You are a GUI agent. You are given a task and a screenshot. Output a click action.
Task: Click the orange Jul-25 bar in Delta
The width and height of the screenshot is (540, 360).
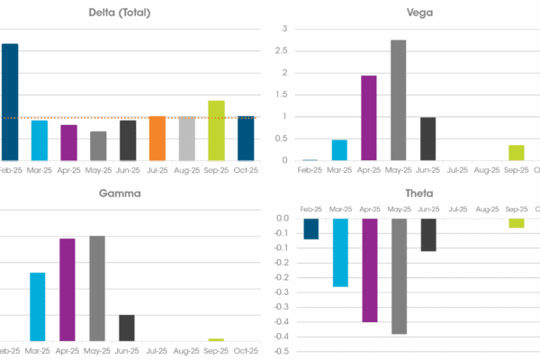[157, 138]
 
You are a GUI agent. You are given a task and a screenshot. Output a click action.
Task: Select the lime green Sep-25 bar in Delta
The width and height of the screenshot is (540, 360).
[216, 130]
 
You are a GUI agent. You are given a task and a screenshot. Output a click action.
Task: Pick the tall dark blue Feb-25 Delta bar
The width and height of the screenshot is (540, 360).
[9, 102]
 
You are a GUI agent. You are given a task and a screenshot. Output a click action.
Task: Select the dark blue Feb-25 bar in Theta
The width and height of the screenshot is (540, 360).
[310, 229]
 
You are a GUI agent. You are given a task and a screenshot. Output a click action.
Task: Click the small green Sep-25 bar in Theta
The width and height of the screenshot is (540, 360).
[516, 223]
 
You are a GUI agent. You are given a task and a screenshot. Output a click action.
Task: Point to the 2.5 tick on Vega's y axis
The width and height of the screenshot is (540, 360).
[281, 50]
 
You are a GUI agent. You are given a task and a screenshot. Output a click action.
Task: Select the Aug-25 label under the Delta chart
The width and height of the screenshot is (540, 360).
[186, 169]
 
